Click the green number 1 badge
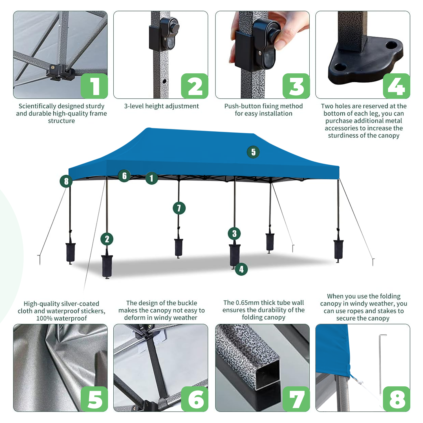point(94,86)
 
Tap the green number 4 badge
point(396,86)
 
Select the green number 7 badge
point(296,399)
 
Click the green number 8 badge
point(396,399)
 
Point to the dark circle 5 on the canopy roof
point(253,152)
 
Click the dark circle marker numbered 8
point(66,181)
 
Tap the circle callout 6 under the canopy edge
point(124,176)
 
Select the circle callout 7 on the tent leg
point(179,208)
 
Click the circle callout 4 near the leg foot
point(241,269)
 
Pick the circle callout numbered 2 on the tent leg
point(107,239)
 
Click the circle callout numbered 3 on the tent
point(234,233)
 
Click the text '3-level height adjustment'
point(161,106)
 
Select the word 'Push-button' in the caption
point(240,106)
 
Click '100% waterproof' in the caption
point(61,318)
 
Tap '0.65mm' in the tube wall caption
point(247,303)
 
